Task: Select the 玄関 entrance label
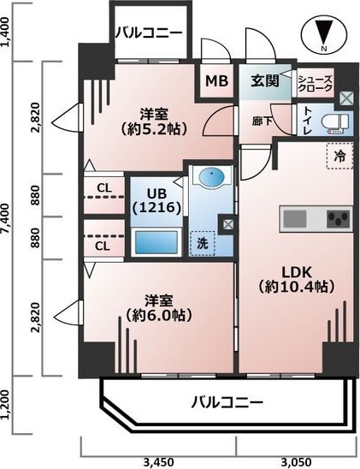point(265,82)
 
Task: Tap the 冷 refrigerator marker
point(339,157)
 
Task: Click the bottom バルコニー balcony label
point(227,401)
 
